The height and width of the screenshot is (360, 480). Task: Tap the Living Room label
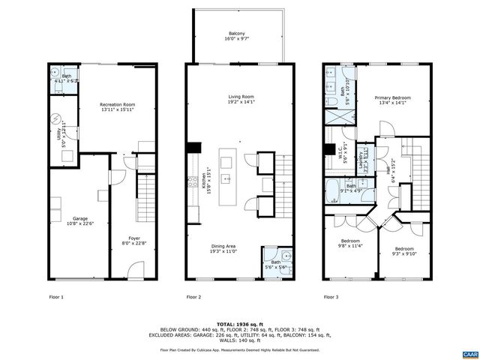click(241, 100)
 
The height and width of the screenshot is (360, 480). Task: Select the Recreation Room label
click(118, 107)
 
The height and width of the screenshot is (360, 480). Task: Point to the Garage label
click(79, 220)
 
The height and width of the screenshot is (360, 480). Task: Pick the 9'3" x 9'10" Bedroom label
click(405, 251)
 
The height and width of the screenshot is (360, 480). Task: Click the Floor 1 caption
click(56, 298)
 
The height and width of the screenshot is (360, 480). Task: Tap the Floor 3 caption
click(331, 298)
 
